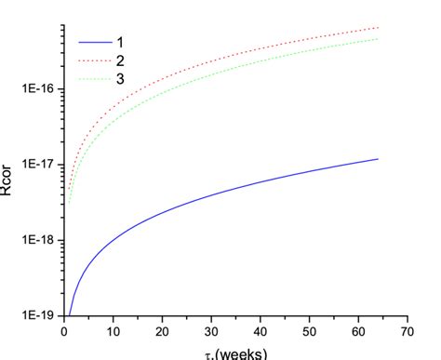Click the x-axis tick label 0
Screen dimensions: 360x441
pyautogui.click(x=63, y=330)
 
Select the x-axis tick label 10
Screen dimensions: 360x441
pyautogui.click(x=113, y=330)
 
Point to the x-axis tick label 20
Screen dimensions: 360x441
pyautogui.click(x=162, y=330)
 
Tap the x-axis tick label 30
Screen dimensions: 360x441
pyautogui.click(x=211, y=330)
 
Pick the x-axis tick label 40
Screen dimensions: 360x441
pyautogui.click(x=260, y=330)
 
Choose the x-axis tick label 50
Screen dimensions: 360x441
pyautogui.click(x=309, y=330)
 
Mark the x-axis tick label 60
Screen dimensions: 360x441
pyautogui.click(x=358, y=330)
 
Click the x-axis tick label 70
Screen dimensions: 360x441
pyautogui.click(x=407, y=330)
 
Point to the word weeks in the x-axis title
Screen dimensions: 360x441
pyautogui.click(x=243, y=353)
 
